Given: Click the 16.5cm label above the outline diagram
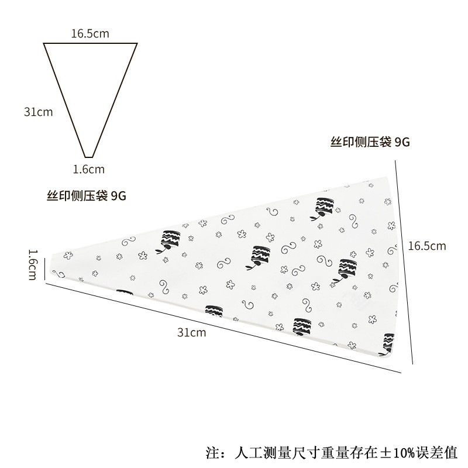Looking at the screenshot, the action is pos(90,33).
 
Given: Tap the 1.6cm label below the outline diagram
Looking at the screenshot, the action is pos(88,170).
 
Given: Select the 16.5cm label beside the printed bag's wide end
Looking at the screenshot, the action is pos(426,246).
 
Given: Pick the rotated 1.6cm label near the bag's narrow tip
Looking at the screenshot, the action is pos(34,264).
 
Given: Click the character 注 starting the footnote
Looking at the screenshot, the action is pos(213,452).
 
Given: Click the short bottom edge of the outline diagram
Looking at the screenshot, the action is pos(90,157).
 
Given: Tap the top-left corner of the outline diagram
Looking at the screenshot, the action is pos(44,44).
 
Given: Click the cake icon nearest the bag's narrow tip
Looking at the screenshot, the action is pos(168,240).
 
